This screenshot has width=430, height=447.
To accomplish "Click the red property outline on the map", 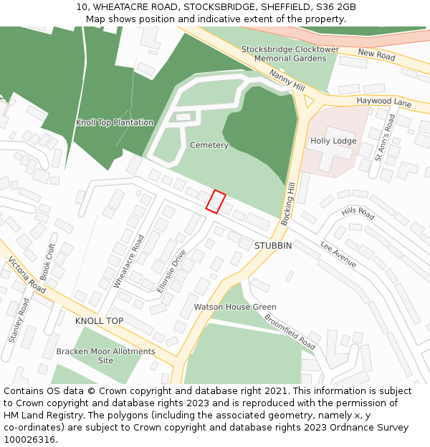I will [216, 202].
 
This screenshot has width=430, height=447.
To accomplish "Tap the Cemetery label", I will [209, 145].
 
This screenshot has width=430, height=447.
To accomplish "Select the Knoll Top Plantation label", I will [115, 122].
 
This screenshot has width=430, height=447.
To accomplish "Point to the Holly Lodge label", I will [333, 141].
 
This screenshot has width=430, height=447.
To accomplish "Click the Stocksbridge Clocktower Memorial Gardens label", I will [290, 54].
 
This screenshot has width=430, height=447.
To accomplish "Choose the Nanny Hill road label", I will [287, 79].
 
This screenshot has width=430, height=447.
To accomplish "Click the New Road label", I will [376, 55].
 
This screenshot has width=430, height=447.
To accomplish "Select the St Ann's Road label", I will [386, 137].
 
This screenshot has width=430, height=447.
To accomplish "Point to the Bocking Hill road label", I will [288, 204].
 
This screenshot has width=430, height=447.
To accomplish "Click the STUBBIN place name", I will [273, 245].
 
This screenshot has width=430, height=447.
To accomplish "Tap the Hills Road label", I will [358, 213].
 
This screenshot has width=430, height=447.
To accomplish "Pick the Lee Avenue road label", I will [338, 254].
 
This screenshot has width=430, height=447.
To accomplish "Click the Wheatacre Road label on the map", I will [129, 261].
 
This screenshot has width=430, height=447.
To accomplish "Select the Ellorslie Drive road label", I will [171, 270].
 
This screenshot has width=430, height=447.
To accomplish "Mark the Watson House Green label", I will [235, 307].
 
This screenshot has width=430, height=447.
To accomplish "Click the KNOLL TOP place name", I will [99, 321].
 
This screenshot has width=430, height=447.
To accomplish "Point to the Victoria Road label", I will [27, 276].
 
